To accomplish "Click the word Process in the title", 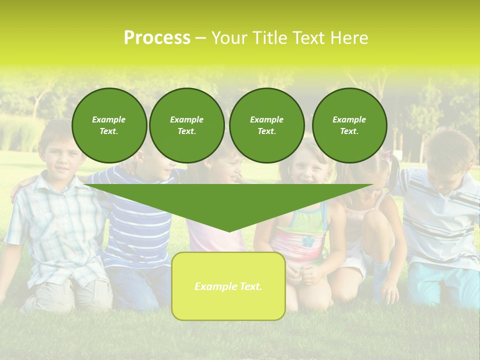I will [x=157, y=38].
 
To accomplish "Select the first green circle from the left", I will [x=109, y=125].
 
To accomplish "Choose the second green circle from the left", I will [x=186, y=125].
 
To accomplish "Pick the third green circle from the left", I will [x=266, y=125].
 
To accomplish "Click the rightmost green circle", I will [x=349, y=125].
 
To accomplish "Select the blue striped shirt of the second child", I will [x=135, y=225].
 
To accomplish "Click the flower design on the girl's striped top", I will [x=307, y=241].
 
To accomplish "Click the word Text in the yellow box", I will [x=250, y=286].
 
